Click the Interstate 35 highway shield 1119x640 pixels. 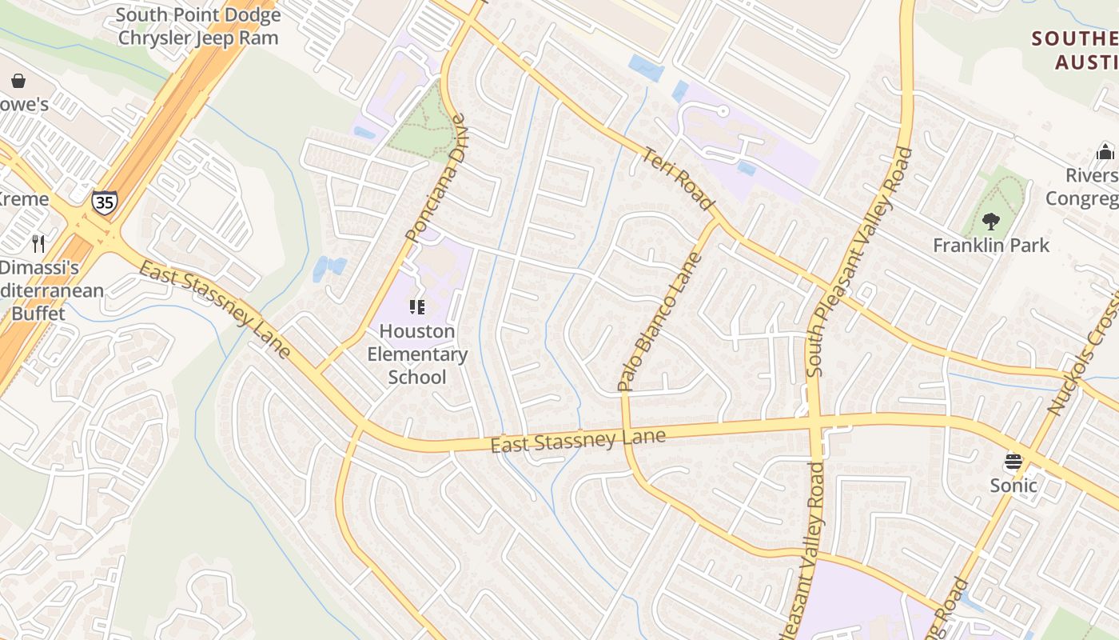(x=104, y=201)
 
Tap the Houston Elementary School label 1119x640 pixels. (x=417, y=354)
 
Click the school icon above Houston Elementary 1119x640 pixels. (x=416, y=306)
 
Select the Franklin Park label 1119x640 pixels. (x=991, y=245)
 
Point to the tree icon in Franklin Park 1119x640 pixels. (x=991, y=220)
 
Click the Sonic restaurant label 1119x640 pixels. (x=1013, y=485)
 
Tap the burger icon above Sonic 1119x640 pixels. (x=1013, y=462)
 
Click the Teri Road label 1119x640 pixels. (x=678, y=179)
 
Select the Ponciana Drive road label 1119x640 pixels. (x=436, y=178)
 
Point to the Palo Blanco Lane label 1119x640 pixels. (x=660, y=322)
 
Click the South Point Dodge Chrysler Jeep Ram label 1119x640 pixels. (x=198, y=26)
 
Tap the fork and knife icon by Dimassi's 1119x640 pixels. (x=38, y=242)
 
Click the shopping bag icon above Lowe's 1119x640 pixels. (x=18, y=81)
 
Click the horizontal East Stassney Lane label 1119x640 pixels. (x=578, y=439)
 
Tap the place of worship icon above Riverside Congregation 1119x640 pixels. (x=1105, y=151)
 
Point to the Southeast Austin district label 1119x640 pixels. (x=1075, y=50)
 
